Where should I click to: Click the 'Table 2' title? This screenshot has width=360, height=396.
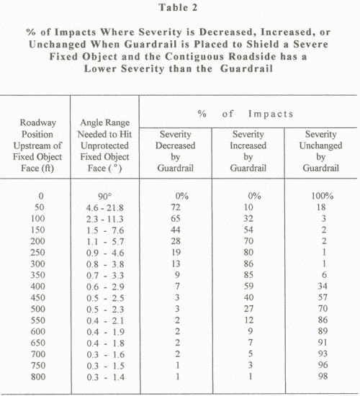tap(180, 9)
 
